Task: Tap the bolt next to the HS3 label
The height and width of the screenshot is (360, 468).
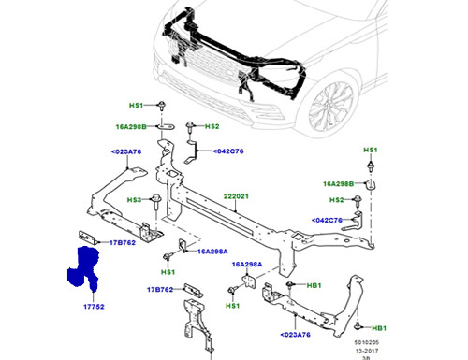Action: tap(155, 200)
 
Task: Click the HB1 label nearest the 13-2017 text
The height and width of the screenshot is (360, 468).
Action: tap(379, 329)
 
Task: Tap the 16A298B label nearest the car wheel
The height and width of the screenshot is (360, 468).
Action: tap(337, 183)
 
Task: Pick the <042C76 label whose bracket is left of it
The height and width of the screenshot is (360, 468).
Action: tap(227, 151)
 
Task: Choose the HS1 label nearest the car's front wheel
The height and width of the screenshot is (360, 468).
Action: tap(370, 150)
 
